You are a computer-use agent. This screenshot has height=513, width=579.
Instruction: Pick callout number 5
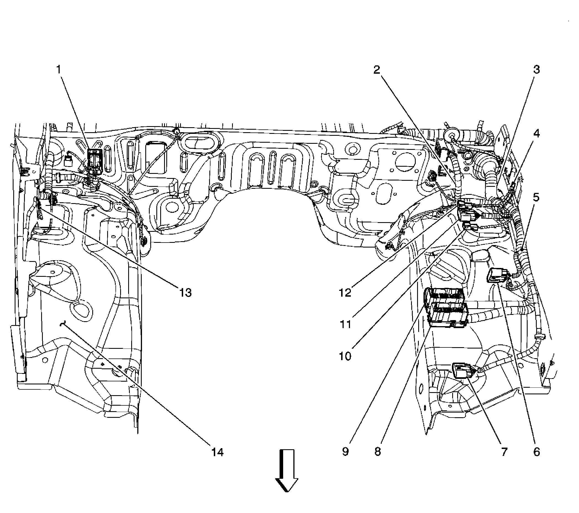(x=536, y=198)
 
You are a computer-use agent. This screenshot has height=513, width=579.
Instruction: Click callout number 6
(x=536, y=452)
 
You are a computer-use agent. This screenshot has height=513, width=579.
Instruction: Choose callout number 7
(x=504, y=452)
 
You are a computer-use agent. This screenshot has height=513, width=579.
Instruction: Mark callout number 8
(x=378, y=452)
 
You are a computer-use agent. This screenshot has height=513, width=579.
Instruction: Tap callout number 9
(x=345, y=452)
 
